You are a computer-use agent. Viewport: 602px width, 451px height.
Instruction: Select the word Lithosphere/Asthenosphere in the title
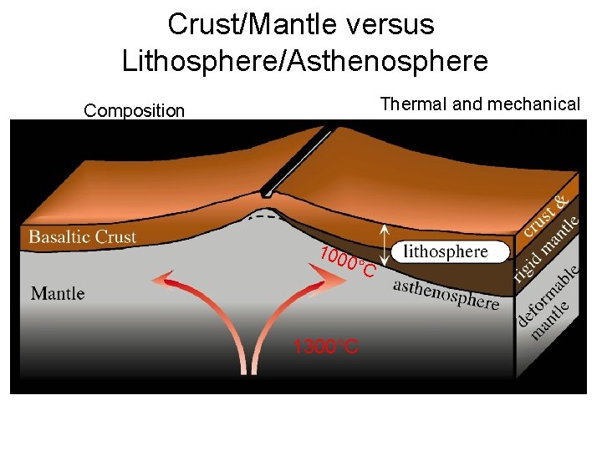pyautogui.click(x=304, y=61)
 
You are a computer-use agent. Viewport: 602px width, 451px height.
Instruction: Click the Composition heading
pyautogui.click(x=134, y=111)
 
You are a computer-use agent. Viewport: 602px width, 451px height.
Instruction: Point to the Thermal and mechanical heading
pyautogui.click(x=480, y=104)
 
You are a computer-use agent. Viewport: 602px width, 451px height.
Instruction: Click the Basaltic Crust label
pyautogui.click(x=82, y=237)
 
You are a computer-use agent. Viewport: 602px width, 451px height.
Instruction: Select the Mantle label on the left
pyautogui.click(x=58, y=293)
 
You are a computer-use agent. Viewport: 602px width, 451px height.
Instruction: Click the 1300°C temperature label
pyautogui.click(x=326, y=347)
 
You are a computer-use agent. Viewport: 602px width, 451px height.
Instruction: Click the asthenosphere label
pyautogui.click(x=446, y=292)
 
